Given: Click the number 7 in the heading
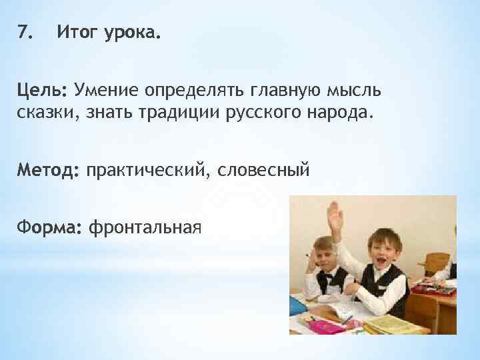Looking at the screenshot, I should [23, 31].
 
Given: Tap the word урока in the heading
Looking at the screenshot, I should [132, 32].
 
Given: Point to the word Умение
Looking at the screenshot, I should [109, 89].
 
